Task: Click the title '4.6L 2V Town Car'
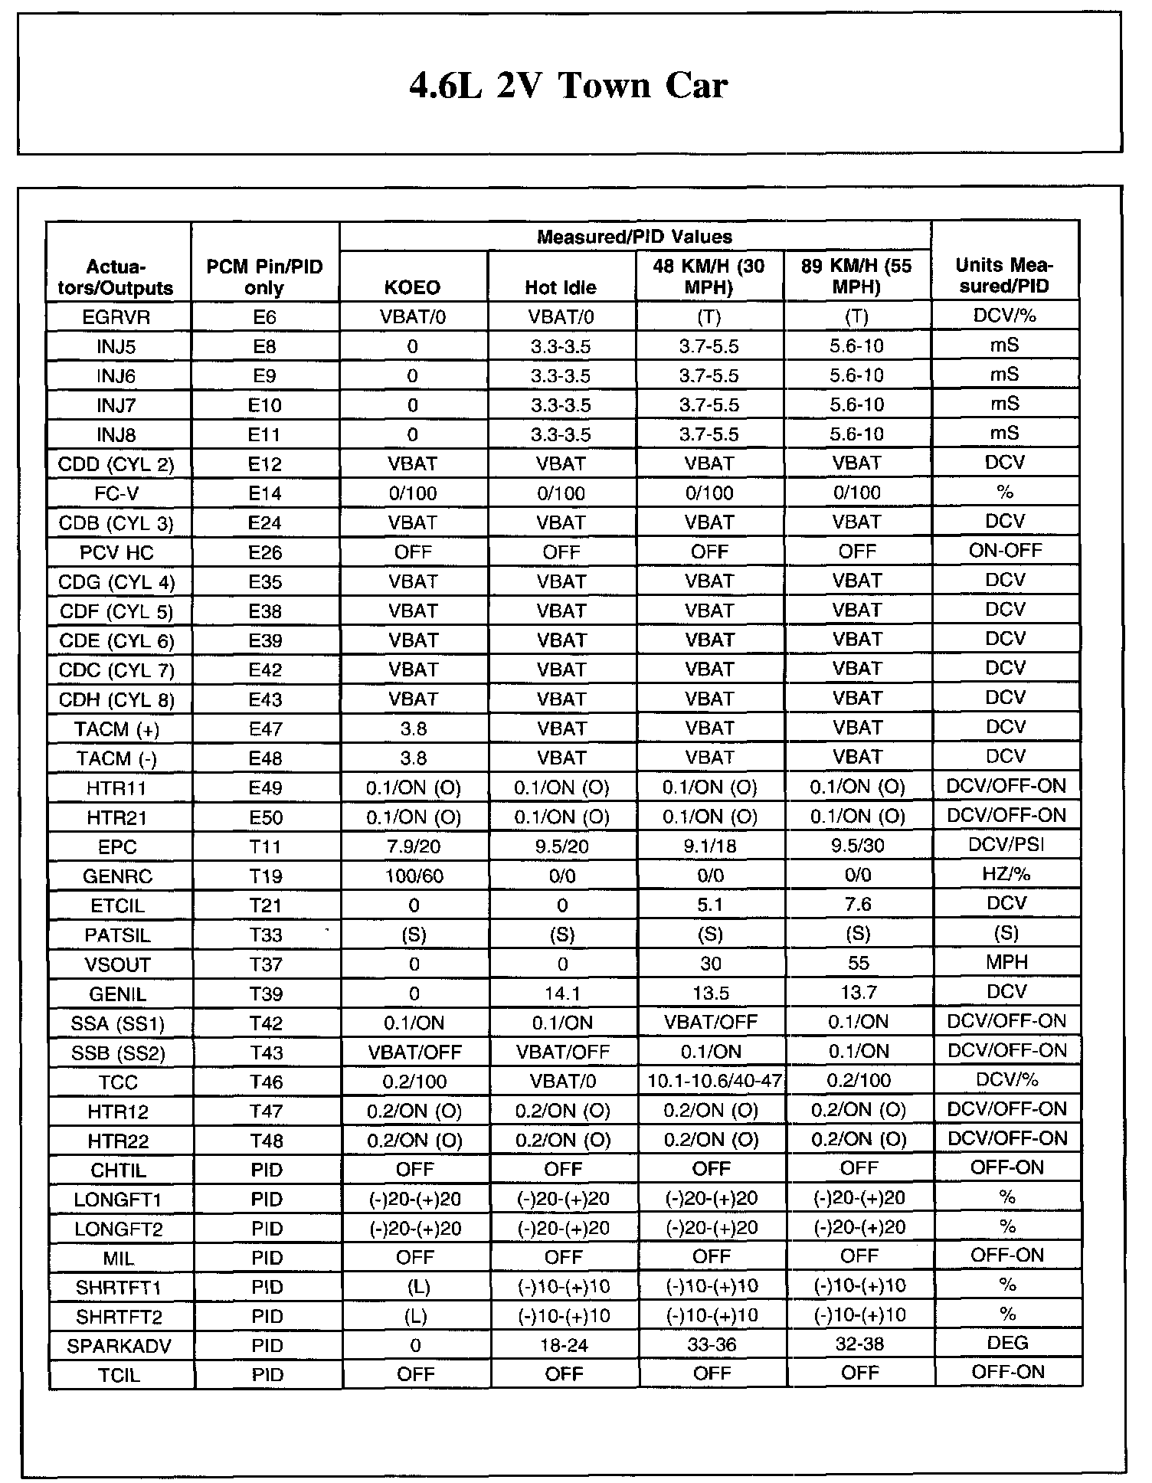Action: (568, 85)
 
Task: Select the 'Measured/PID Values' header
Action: (634, 237)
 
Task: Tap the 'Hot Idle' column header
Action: (561, 287)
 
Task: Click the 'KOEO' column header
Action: (413, 287)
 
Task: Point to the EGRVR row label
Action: (117, 317)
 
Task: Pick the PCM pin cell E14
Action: (265, 493)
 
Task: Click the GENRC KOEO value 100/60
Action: (414, 876)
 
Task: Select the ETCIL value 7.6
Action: (857, 905)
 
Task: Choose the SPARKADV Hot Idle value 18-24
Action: (564, 1346)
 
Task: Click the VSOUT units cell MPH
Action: (1006, 963)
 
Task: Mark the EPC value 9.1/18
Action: (710, 846)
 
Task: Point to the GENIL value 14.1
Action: (563, 994)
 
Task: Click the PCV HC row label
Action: (117, 552)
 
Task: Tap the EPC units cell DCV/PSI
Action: (1006, 845)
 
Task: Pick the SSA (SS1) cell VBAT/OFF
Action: (711, 1022)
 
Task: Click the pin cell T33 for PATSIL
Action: (266, 935)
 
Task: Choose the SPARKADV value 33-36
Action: (712, 1345)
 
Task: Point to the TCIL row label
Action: (119, 1375)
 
